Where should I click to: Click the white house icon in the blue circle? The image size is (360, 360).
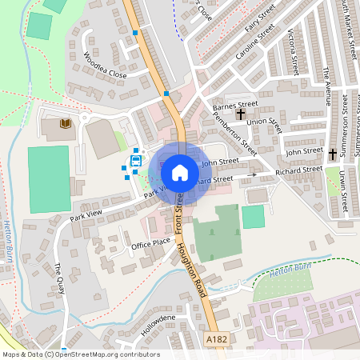coord(180,173)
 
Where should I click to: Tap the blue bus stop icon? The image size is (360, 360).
coord(136,161)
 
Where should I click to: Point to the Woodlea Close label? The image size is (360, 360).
coord(105,66)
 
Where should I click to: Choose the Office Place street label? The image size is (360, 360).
coord(150,242)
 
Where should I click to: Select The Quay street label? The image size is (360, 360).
coord(58,278)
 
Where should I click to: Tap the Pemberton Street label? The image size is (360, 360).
coord(235,134)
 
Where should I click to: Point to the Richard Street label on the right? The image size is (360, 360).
coord(298,170)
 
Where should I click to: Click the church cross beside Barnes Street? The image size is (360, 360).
coord(241,114)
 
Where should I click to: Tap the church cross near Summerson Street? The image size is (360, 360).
coord(333,153)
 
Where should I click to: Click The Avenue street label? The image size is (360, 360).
coord(326,81)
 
